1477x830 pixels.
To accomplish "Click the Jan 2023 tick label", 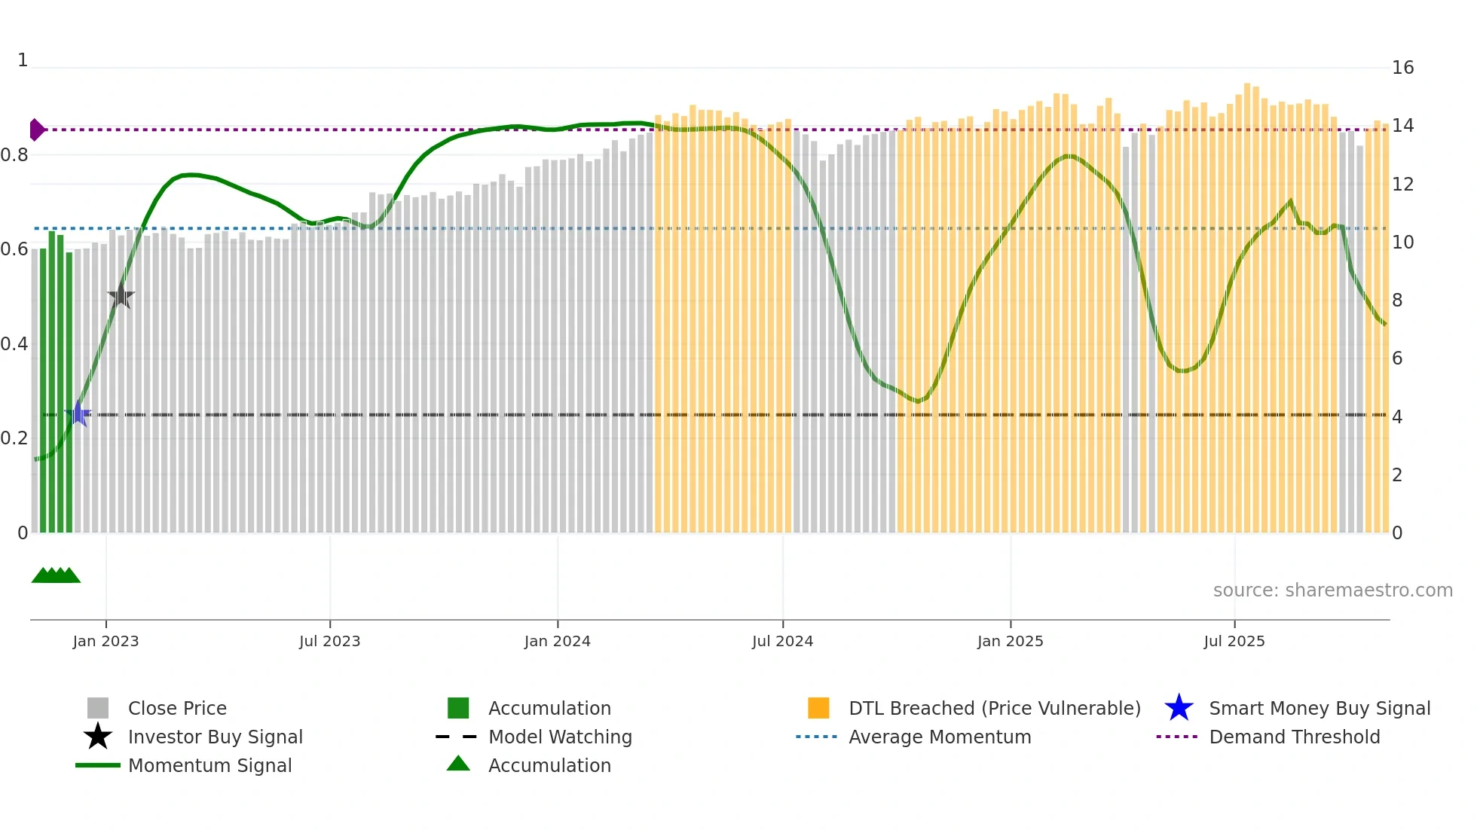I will (105, 641).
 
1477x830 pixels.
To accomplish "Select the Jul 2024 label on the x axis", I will (782, 641).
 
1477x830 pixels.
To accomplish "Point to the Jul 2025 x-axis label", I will (1234, 641).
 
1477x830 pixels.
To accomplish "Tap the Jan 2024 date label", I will (557, 641).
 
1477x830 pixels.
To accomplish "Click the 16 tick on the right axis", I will (1402, 68).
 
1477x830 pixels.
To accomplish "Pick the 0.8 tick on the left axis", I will (14, 155).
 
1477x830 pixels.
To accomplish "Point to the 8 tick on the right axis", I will (1397, 301).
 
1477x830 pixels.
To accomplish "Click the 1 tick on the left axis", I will (23, 60).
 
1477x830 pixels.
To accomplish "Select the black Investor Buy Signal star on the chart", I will (121, 296).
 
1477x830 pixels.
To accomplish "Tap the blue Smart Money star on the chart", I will (78, 413).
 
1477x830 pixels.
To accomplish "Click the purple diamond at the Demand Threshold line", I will (36, 130).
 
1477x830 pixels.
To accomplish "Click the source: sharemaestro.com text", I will (1332, 590).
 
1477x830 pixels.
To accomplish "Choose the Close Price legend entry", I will (177, 708).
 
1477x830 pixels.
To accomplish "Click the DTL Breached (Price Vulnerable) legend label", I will (994, 708).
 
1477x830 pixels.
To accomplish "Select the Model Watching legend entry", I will (560, 737).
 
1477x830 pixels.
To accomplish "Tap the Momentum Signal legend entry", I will (209, 765).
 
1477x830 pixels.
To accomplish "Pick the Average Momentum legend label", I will (940, 737).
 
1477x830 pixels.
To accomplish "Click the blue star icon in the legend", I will (1179, 708).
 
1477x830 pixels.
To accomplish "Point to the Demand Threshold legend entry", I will (1294, 737).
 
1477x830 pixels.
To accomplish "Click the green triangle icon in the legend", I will (458, 764).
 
